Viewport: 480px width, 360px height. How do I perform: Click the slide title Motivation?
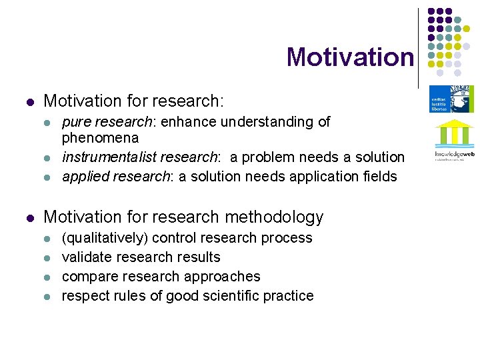click(350, 57)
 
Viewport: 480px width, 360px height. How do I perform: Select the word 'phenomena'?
click(100, 138)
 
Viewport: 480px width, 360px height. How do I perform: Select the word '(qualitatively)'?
click(104, 238)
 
